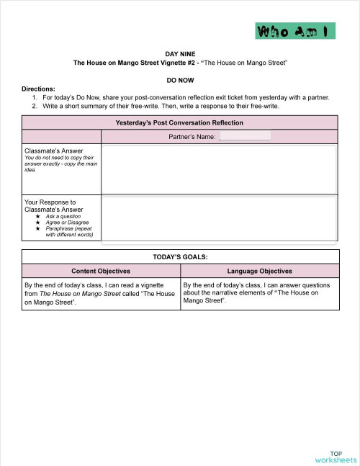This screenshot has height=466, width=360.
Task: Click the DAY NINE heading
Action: (180, 54)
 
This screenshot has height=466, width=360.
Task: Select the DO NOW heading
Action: (180, 80)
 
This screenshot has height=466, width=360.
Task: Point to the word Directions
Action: (38, 89)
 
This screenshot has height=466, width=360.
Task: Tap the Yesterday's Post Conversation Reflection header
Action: (179, 122)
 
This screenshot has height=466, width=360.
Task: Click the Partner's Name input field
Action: (245, 135)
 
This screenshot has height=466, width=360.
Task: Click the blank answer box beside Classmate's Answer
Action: (219, 169)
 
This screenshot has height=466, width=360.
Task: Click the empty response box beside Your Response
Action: (219, 219)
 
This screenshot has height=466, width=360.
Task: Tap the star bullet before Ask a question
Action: (38, 216)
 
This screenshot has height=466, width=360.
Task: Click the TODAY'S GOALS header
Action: (180, 256)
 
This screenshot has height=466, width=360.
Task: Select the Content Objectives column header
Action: (100, 271)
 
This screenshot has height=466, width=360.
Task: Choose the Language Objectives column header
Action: (259, 271)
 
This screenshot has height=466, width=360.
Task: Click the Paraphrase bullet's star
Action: (38, 228)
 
